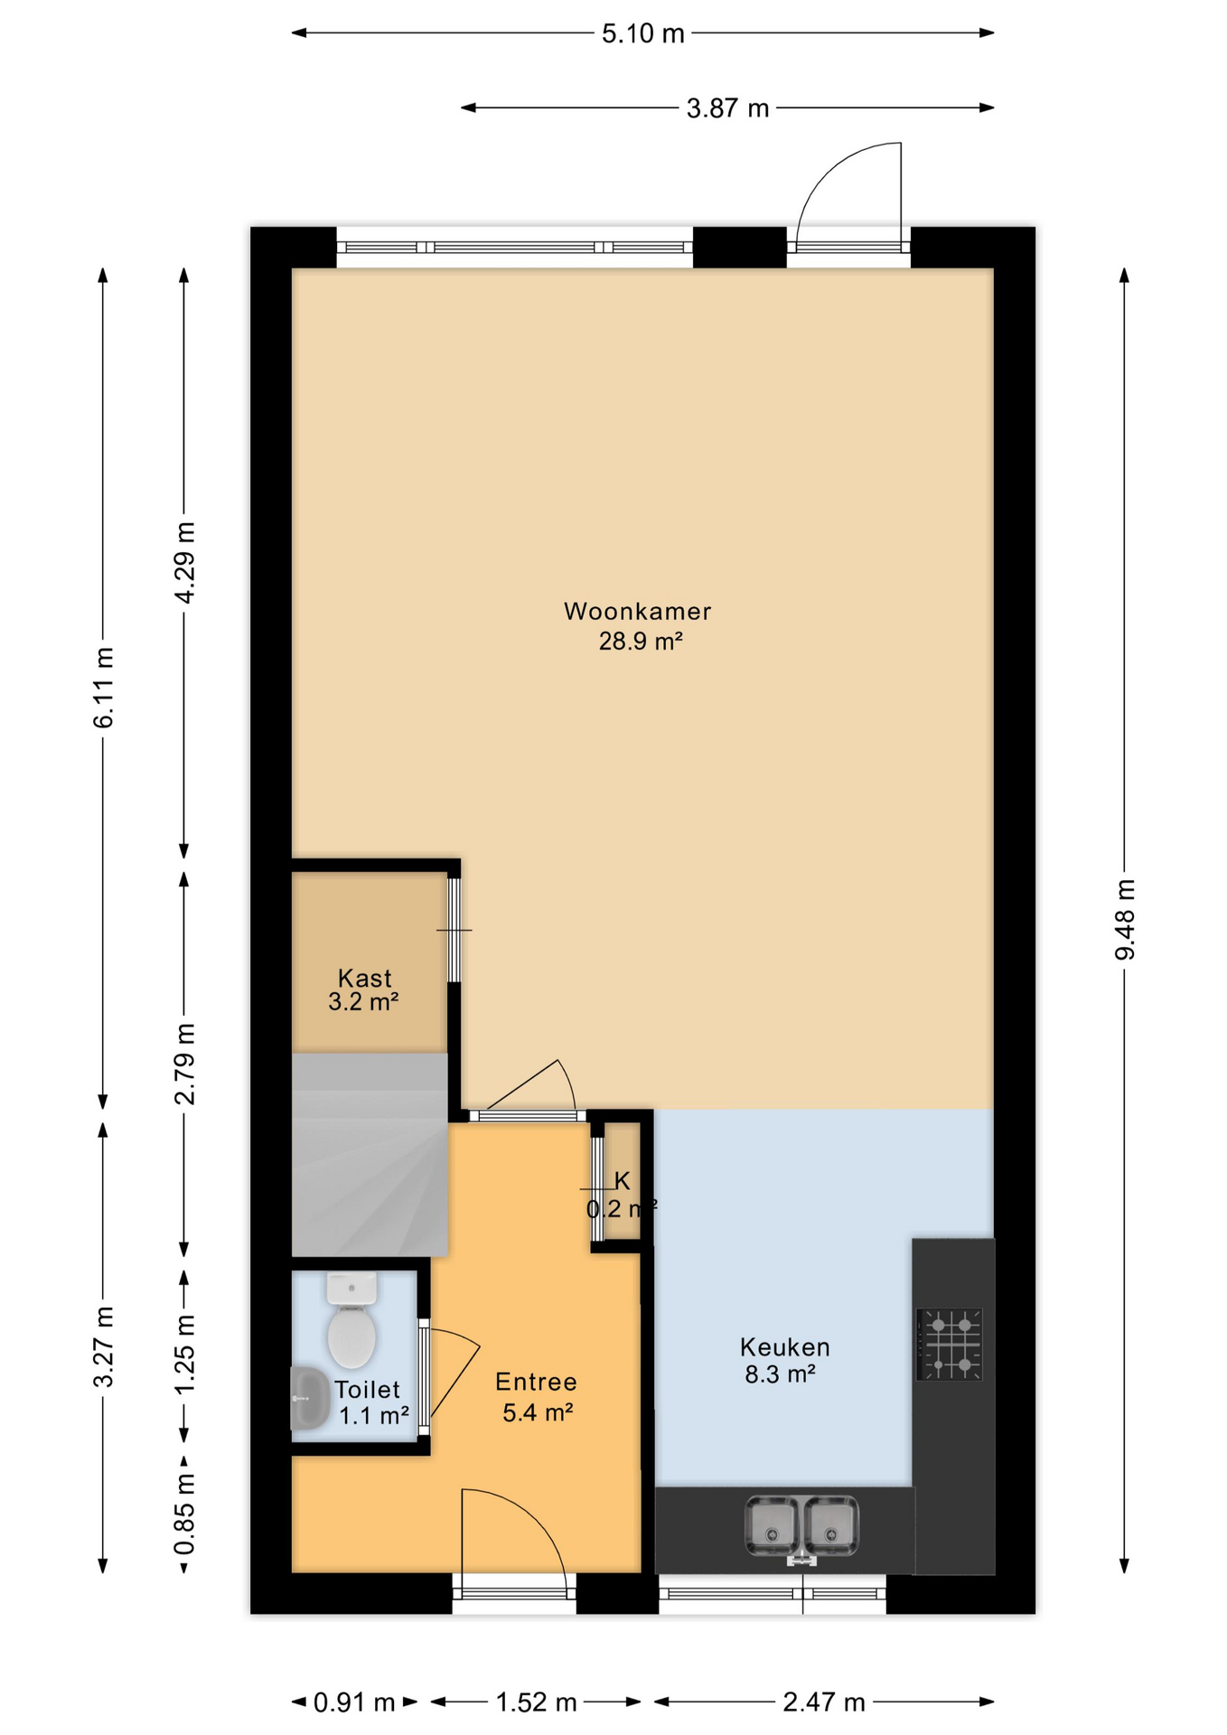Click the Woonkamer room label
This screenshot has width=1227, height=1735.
(637, 612)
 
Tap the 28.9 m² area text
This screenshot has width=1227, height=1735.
(640, 642)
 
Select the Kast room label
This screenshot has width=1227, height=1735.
(364, 978)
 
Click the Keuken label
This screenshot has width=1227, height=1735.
(784, 1347)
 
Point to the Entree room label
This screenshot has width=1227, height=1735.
(536, 1382)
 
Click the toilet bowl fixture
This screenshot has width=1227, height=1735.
(351, 1320)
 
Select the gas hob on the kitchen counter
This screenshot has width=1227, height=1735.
(950, 1344)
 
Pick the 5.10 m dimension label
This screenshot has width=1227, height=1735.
(643, 34)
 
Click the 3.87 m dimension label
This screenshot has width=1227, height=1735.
(727, 108)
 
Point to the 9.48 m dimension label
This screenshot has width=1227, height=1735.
(1125, 919)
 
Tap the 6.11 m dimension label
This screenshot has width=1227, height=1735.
(104, 688)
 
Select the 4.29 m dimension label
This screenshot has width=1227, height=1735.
(184, 562)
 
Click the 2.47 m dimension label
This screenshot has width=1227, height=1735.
(824, 1702)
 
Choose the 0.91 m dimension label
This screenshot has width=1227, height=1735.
(354, 1702)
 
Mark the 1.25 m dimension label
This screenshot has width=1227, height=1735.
(184, 1354)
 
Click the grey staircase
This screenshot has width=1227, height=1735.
(370, 1154)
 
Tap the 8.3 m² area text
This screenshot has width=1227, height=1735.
(780, 1375)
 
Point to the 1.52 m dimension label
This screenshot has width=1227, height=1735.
(536, 1702)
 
